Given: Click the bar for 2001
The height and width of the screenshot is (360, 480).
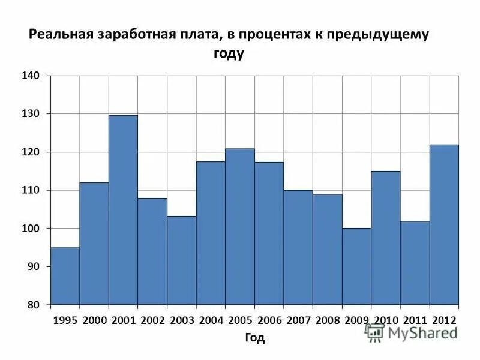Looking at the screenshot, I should pos(123,210).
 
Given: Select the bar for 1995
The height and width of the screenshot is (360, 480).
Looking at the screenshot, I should pos(65,276).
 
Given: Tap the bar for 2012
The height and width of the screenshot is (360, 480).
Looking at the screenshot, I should pos(444,225).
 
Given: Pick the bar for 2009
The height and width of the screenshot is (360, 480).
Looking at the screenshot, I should pos(356,266).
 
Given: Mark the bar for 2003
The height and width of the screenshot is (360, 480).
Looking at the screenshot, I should pos(181,260).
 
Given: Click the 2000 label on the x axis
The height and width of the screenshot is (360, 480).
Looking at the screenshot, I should pos(94,320).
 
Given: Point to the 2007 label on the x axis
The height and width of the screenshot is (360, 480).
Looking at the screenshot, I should pos(298,320).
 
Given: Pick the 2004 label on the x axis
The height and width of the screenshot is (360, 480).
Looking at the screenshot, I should pos(211,320).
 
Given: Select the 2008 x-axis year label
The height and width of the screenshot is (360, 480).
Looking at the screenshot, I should pos(328,320).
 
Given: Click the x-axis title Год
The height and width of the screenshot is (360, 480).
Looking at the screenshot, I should pos(254,338).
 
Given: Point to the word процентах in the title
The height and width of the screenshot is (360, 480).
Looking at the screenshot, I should pos(273,34).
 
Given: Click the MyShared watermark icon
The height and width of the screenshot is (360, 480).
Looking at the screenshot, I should pos(375,333).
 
